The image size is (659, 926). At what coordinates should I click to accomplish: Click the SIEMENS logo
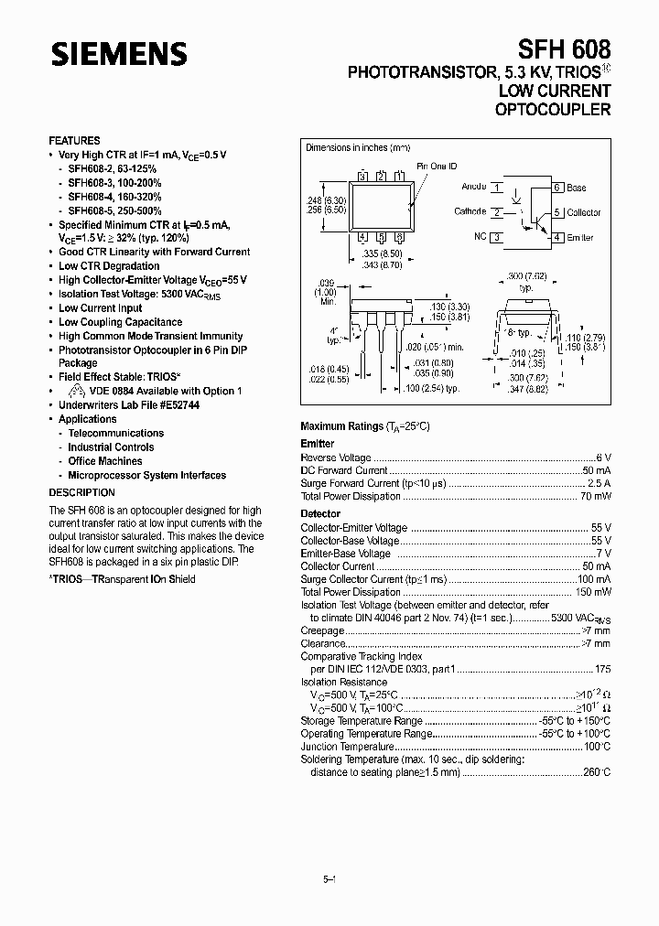(x=119, y=56)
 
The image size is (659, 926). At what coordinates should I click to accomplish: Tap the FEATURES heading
(x=74, y=141)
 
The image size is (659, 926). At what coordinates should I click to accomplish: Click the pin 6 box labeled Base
(x=556, y=188)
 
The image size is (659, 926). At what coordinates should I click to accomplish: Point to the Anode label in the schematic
(x=474, y=187)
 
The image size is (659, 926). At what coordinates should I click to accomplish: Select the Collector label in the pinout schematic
(x=583, y=212)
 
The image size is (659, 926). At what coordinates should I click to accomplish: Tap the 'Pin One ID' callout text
(x=438, y=167)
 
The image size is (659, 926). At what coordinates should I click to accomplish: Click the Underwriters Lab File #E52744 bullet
(x=129, y=404)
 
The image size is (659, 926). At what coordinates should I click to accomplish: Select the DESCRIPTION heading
(x=81, y=493)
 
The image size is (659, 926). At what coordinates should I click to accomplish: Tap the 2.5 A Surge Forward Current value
(x=598, y=483)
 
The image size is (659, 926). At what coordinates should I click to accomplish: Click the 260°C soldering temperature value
(x=596, y=772)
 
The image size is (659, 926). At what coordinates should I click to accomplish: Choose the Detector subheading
(x=320, y=514)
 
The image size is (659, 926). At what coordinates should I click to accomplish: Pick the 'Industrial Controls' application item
(x=111, y=447)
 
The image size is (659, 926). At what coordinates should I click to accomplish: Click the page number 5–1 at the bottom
(x=330, y=879)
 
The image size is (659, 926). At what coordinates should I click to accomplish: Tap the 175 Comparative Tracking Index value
(x=602, y=670)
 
